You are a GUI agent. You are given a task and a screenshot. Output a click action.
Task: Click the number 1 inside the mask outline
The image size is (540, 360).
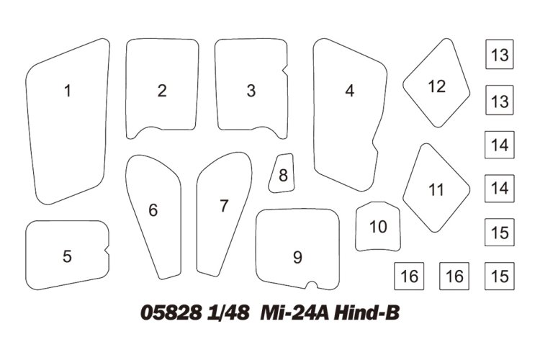67,91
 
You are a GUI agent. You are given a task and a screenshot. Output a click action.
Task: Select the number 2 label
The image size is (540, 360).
162,91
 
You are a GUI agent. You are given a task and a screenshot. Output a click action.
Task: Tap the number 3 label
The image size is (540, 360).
251,91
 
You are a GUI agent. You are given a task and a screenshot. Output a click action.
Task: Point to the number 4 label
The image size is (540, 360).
350,91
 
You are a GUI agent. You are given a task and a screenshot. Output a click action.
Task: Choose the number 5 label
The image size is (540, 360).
67,256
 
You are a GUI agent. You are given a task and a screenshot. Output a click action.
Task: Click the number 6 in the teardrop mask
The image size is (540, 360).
153,210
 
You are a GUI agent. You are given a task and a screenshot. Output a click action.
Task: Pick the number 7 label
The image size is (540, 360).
224,206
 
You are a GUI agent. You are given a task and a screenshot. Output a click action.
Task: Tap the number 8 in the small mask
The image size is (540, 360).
283,175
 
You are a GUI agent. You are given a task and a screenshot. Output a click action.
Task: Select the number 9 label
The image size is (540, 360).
297,257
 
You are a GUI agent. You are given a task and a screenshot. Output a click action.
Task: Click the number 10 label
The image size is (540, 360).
378,227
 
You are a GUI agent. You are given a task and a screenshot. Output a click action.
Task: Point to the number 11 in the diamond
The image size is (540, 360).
436,190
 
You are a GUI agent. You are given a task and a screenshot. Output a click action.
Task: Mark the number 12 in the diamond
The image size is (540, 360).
437,86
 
